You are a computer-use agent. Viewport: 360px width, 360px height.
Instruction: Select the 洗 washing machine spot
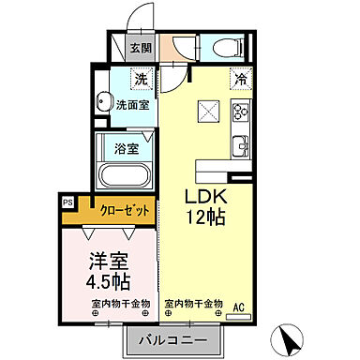(x=141, y=81)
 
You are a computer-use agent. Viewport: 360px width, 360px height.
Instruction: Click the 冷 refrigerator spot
(x=241, y=81)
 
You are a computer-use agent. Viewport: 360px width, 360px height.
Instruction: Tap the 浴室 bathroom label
(x=127, y=147)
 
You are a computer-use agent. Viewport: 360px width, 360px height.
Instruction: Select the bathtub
(x=125, y=174)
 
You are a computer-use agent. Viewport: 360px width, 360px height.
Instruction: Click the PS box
(x=67, y=201)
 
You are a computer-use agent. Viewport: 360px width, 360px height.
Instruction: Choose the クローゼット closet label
(x=124, y=211)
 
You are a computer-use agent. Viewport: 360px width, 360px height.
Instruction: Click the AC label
(x=238, y=306)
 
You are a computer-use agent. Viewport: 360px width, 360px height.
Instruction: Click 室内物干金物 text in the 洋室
(x=122, y=304)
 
